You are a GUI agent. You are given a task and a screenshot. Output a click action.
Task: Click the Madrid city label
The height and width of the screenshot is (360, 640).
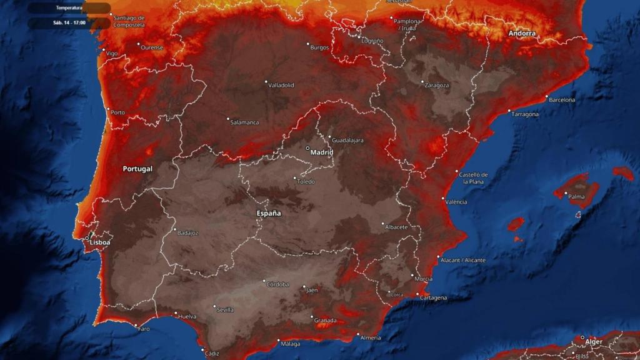click(x=322, y=152)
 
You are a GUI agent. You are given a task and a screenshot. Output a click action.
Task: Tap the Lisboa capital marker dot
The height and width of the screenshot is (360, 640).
click(x=87, y=238)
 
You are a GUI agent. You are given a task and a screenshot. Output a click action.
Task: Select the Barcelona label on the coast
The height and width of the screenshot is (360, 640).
click(x=562, y=100)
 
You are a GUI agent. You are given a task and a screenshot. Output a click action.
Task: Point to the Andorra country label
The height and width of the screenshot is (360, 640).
click(x=522, y=33)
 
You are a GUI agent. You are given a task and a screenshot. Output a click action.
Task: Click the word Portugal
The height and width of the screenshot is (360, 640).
click(x=137, y=169)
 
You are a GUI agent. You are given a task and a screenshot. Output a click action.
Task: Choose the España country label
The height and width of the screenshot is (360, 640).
click(x=269, y=213)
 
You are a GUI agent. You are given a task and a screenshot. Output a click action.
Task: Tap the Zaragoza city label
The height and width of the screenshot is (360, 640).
click(x=437, y=85)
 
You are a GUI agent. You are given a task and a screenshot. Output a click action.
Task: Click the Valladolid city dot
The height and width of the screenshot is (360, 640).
click(x=266, y=82)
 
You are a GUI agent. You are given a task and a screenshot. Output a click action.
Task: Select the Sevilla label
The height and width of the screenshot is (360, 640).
click(x=224, y=309)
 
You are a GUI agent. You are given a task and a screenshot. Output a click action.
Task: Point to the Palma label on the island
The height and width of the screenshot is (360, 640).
click(x=576, y=196)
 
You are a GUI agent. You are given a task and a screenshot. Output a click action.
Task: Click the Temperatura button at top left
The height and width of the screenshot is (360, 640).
click(x=69, y=8)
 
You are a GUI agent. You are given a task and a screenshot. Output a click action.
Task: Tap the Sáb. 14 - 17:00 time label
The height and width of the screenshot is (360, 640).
click(x=69, y=22)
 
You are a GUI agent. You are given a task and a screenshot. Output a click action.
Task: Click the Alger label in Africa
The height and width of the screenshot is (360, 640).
click(x=594, y=341)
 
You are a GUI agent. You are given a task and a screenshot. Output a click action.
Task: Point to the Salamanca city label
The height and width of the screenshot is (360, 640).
click(x=244, y=122)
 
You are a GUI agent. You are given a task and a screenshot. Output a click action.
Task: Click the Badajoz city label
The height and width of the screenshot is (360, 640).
click(x=187, y=233)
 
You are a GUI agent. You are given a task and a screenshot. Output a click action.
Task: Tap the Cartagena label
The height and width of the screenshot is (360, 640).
click(x=433, y=298)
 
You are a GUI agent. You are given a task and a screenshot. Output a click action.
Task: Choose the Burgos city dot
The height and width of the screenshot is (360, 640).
click(x=308, y=44)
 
